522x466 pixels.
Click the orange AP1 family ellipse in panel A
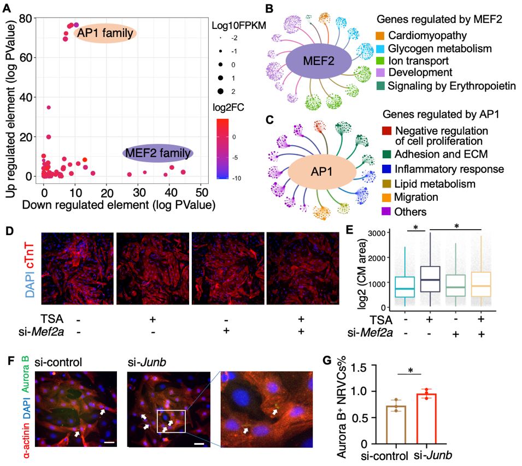105,34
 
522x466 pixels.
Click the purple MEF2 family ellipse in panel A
158,153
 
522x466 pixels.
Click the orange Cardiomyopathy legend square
379,36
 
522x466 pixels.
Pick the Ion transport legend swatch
379,61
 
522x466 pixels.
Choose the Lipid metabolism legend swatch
386,184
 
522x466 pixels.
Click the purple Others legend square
386,211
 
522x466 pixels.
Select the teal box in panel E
405,287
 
